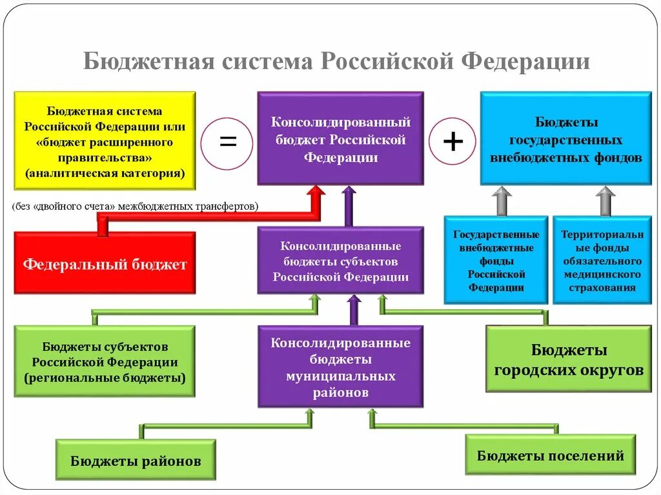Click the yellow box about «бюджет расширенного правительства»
point(105,140)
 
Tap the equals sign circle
point(227,141)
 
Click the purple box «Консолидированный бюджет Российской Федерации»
point(340,139)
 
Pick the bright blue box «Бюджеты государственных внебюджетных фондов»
point(565,139)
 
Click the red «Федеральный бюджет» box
point(105,263)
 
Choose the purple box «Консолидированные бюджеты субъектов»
point(340,261)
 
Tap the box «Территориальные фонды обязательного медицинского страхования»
point(602,260)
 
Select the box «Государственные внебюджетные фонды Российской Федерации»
point(496,260)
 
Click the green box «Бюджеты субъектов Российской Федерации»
point(105,361)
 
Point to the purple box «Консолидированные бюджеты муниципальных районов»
point(340,366)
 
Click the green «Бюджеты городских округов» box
point(568,359)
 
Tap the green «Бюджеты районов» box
point(136,460)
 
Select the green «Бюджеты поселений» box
point(550,455)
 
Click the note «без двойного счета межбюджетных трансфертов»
point(134,207)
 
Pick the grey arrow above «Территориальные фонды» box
point(605,199)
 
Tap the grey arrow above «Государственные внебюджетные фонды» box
point(502,199)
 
